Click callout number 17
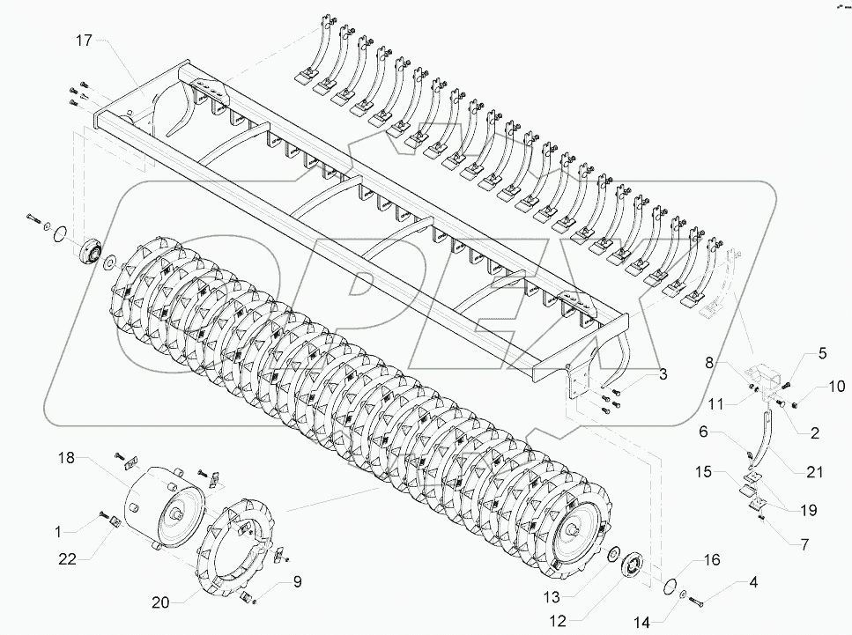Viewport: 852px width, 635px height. [83, 41]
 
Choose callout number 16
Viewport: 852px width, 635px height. [712, 559]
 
